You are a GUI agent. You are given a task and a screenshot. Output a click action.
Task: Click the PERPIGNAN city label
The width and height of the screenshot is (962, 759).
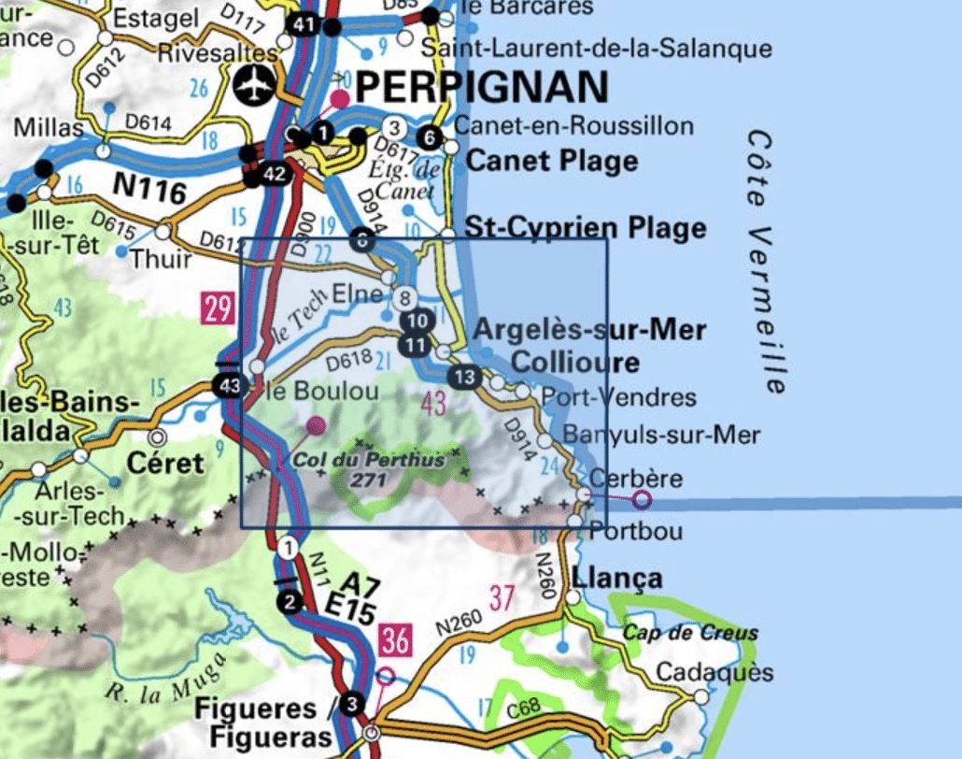[x=482, y=87]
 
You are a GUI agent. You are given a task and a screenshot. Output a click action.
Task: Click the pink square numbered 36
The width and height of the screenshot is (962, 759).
[x=395, y=640]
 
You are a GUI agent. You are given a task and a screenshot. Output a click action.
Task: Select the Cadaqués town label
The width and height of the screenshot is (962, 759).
[x=701, y=672]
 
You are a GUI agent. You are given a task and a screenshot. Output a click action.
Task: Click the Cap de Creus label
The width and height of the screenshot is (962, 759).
[x=690, y=633]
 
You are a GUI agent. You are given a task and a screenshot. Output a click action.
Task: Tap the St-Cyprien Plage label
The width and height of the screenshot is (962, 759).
[x=586, y=228]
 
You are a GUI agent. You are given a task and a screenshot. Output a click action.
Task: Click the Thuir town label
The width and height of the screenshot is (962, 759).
[x=161, y=259]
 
